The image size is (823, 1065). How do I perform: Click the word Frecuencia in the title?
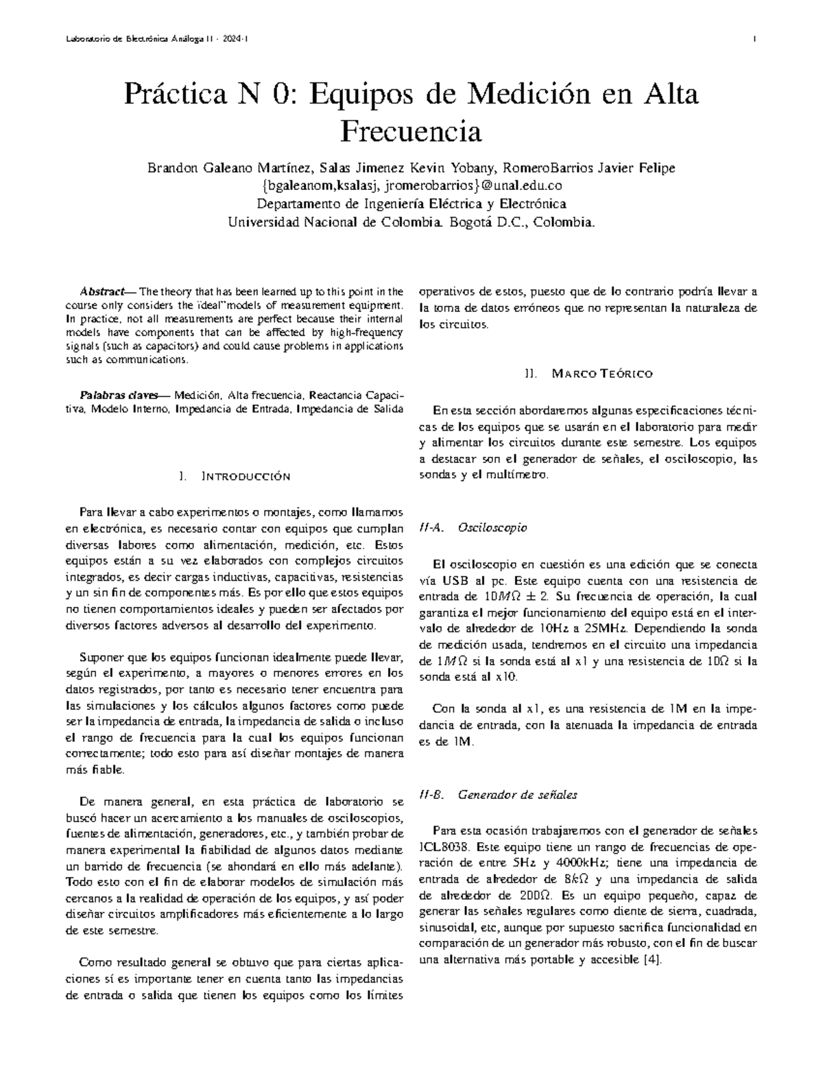[411, 130]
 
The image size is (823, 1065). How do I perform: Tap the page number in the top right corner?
[754, 40]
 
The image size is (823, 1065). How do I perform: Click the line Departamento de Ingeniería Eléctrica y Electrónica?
[411, 204]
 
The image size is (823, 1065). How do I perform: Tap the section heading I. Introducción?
[234, 477]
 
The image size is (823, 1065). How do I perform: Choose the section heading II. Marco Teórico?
[588, 374]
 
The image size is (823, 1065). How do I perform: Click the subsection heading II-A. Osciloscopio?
[473, 528]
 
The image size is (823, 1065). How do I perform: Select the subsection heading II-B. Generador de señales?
[498, 795]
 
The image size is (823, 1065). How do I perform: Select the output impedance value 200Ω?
[534, 896]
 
